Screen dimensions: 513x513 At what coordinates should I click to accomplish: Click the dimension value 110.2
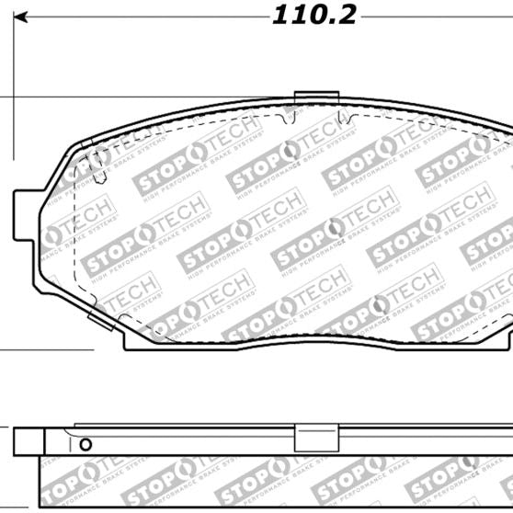313,16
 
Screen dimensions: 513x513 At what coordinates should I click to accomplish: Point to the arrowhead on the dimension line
21,17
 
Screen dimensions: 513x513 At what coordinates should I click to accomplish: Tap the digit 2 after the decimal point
345,16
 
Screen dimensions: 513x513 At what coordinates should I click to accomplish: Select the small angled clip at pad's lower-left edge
98,319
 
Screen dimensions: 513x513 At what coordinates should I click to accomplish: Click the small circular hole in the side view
85,445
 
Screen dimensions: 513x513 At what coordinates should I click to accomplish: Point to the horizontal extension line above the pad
138,97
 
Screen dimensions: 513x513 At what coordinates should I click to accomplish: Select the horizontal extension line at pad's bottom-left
46,349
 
